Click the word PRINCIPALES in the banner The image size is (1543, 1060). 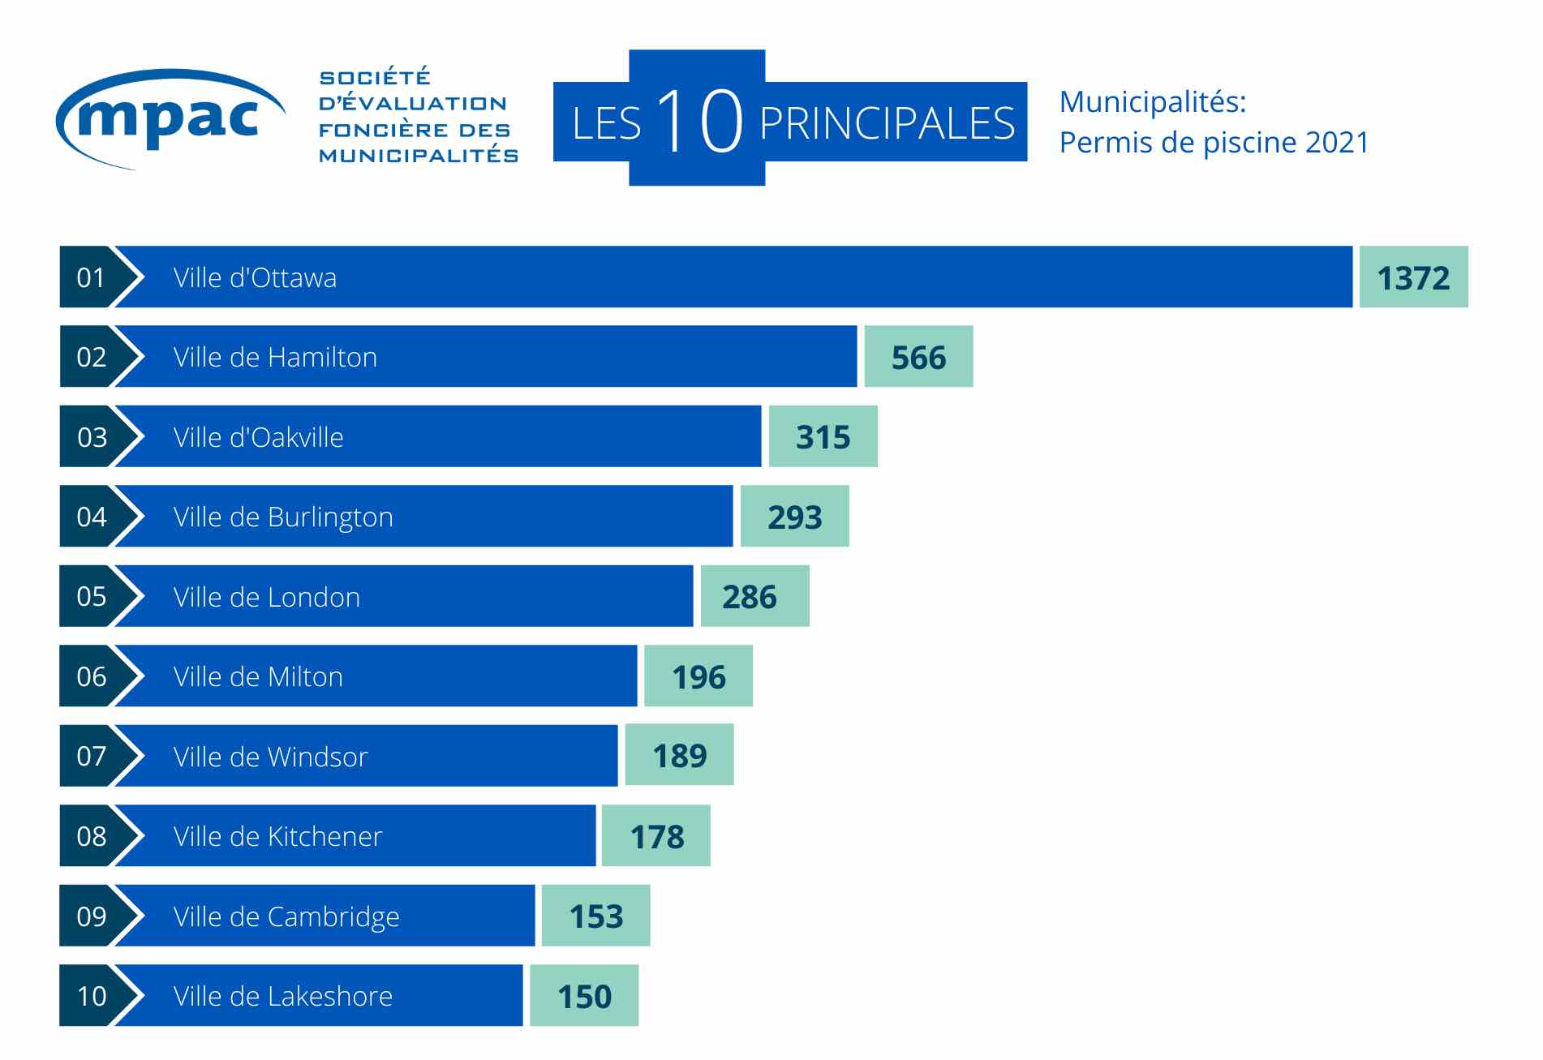pyautogui.click(x=887, y=123)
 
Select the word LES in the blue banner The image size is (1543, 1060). pyautogui.click(x=606, y=124)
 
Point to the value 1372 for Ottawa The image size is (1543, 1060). pyautogui.click(x=1413, y=278)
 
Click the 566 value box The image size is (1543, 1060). pyautogui.click(x=918, y=358)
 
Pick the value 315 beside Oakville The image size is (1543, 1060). pyautogui.click(x=823, y=437)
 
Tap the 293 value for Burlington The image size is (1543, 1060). pyautogui.click(x=794, y=517)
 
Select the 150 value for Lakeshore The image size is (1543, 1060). pyautogui.click(x=584, y=996)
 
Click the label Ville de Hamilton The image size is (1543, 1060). pyautogui.click(x=275, y=358)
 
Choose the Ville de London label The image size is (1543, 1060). pyautogui.click(x=266, y=597)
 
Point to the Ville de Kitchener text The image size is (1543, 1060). pyautogui.click(x=277, y=836)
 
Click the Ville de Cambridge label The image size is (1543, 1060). pyautogui.click(x=286, y=916)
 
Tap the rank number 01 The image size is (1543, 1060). pyautogui.click(x=91, y=278)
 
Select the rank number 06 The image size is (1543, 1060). pyautogui.click(x=91, y=676)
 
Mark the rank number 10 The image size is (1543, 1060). pyautogui.click(x=91, y=996)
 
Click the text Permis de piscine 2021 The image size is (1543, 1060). pyautogui.click(x=1214, y=143)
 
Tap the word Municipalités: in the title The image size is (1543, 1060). pyautogui.click(x=1152, y=102)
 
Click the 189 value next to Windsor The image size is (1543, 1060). pyautogui.click(x=679, y=756)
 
